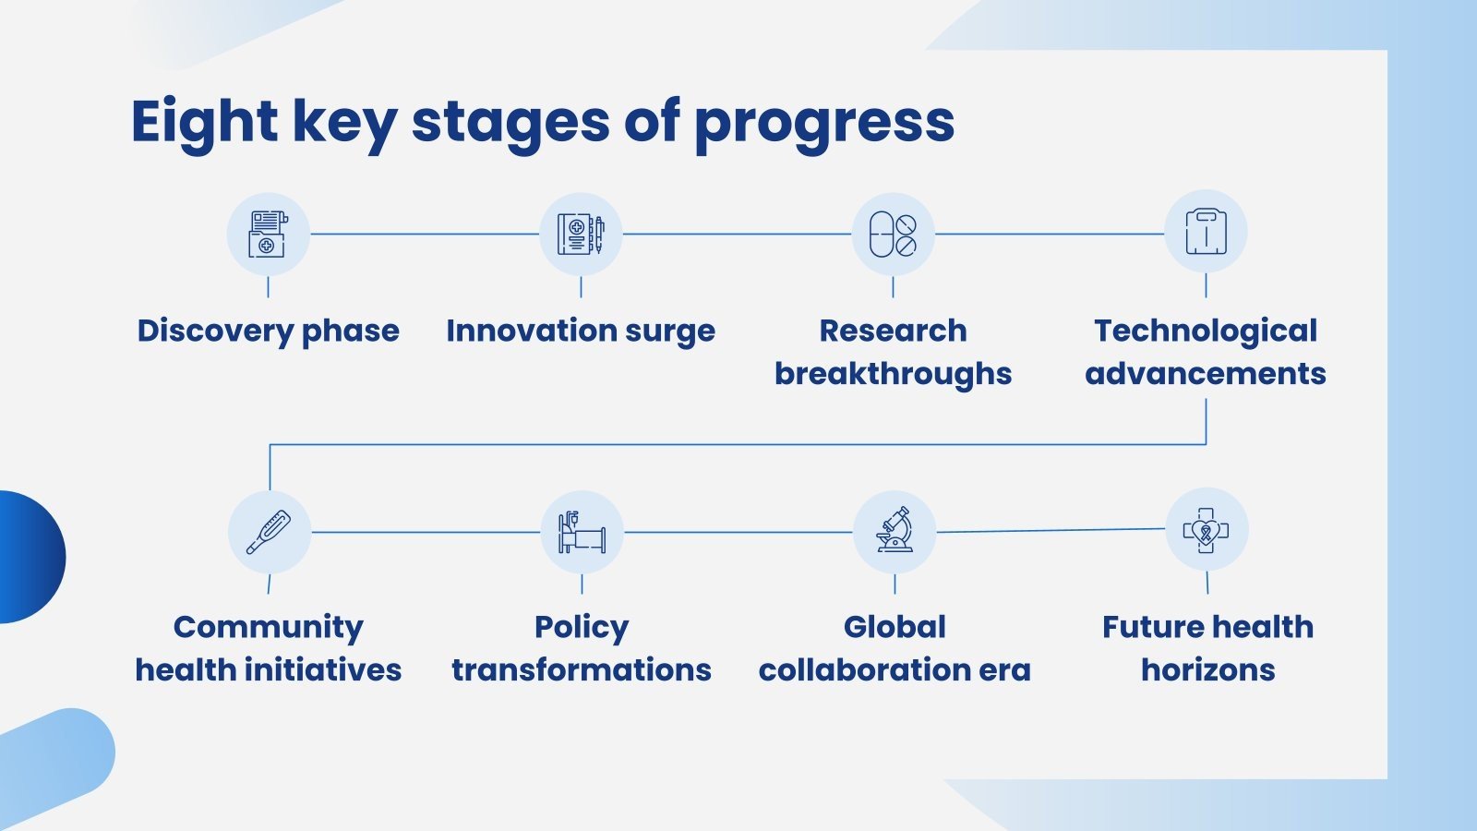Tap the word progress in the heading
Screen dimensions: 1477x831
pyautogui.click(x=825, y=126)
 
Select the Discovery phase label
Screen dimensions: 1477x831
pyautogui.click(x=268, y=331)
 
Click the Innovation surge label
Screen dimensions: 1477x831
pyautogui.click(x=581, y=331)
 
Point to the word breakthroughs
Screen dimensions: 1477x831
pyautogui.click(x=893, y=374)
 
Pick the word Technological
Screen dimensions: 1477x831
pyautogui.click(x=1206, y=331)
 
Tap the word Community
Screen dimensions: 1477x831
pyautogui.click(x=269, y=628)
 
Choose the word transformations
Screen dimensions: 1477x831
pyautogui.click(x=582, y=670)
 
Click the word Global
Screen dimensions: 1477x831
pyautogui.click(x=895, y=627)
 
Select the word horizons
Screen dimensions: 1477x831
pyautogui.click(x=1208, y=670)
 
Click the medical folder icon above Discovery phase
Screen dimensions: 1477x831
pyautogui.click(x=268, y=235)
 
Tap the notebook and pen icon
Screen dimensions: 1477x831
pyautogui.click(x=581, y=235)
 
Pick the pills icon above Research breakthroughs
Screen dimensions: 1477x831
pyautogui.click(x=893, y=235)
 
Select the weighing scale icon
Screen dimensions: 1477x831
pyautogui.click(x=1206, y=232)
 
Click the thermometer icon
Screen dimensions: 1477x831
pyautogui.click(x=269, y=532)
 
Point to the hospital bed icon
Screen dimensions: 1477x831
pyautogui.click(x=582, y=532)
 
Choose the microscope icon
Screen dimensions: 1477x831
pyautogui.click(x=895, y=530)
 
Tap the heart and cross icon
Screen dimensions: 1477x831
pyautogui.click(x=1206, y=530)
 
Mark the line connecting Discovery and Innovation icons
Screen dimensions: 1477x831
pyautogui.click(x=425, y=234)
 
